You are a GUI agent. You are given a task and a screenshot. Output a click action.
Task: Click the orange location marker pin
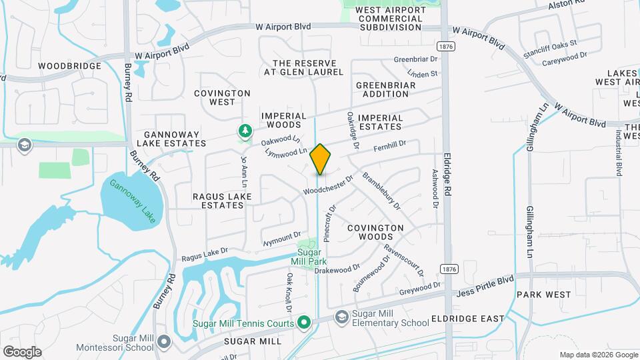click(320, 159)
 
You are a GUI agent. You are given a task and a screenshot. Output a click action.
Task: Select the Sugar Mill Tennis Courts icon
click(305, 323)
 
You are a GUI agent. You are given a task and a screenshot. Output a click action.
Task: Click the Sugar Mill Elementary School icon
click(342, 316)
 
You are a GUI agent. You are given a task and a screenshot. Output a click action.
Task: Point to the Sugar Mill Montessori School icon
click(165, 342)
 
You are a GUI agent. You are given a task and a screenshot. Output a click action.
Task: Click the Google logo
click(22, 352)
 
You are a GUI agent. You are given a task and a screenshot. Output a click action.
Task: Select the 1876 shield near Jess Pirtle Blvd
click(448, 268)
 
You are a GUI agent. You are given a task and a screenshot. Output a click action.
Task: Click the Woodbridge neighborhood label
click(69, 66)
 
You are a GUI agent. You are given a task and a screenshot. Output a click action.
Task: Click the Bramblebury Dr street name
click(381, 191)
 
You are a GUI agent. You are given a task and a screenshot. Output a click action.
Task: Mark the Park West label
click(543, 295)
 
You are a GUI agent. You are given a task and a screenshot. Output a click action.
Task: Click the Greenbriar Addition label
click(385, 89)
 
